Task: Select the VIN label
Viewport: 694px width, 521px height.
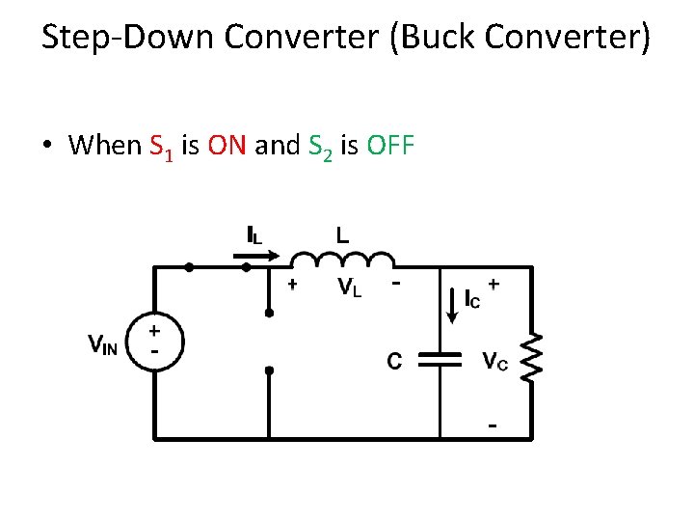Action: pyautogui.click(x=103, y=343)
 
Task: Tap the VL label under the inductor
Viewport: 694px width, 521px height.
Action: pyautogui.click(x=349, y=288)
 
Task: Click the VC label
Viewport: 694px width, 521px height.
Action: pyautogui.click(x=496, y=361)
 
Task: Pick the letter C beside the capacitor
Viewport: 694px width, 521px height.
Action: pyautogui.click(x=394, y=361)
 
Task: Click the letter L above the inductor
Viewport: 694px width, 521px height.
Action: pyautogui.click(x=342, y=233)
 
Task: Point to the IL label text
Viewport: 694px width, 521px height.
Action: pyautogui.click(x=254, y=233)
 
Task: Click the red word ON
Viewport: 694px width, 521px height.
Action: pyautogui.click(x=227, y=146)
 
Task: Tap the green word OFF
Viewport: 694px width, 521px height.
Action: pyautogui.click(x=390, y=146)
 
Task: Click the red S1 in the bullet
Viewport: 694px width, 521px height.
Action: pyautogui.click(x=162, y=148)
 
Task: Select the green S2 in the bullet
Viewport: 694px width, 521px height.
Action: pyautogui.click(x=320, y=148)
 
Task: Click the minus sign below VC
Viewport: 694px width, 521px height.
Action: pyautogui.click(x=493, y=425)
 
